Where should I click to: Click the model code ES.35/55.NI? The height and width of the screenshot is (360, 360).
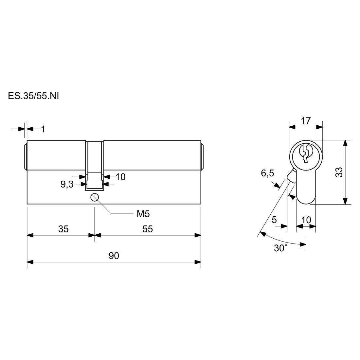point(33,96)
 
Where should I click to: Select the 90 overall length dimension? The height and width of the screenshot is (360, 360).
point(114,256)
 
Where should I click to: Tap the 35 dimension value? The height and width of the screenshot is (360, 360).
point(63,229)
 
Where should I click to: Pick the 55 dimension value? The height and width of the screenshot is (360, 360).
point(147,229)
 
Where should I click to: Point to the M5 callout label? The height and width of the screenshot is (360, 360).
point(143,214)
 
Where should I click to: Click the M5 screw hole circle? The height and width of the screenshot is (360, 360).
point(95,197)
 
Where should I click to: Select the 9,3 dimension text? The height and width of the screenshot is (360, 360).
point(67,184)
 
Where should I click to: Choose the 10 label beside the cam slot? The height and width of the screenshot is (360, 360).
point(120,177)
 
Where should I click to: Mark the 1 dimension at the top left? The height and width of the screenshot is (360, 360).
point(43,129)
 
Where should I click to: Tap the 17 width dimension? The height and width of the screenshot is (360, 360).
point(306,121)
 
